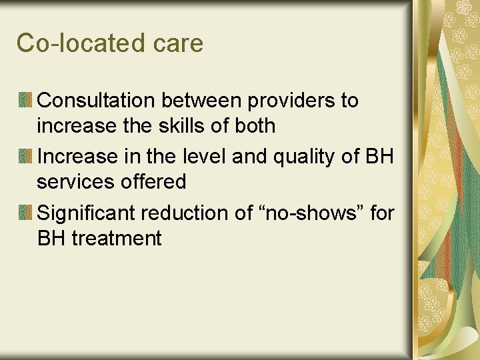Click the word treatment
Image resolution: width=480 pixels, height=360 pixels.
pos(116,238)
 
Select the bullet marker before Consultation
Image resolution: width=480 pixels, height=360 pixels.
pos(25,101)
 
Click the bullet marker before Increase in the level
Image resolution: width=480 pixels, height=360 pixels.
pos(25,157)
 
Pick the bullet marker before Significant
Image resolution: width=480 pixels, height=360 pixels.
pos(25,213)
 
